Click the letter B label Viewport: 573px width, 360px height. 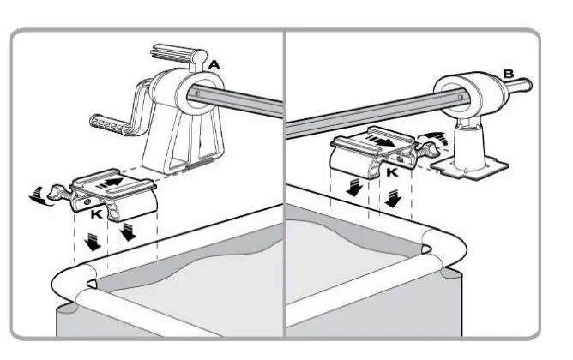(x=508, y=74)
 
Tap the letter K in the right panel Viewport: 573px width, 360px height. (x=392, y=171)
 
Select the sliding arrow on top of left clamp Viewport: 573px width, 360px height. (x=111, y=182)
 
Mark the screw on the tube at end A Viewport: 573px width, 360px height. (x=199, y=91)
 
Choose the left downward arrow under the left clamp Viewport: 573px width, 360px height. (x=85, y=242)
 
